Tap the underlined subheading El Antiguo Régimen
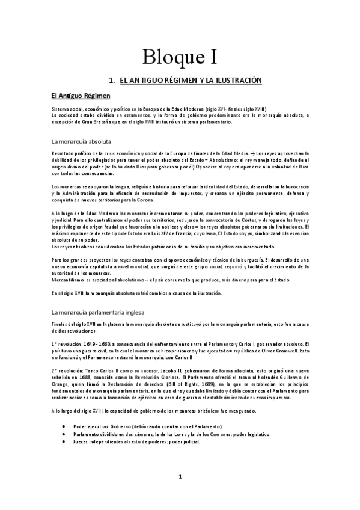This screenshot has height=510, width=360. click(x=81, y=96)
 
